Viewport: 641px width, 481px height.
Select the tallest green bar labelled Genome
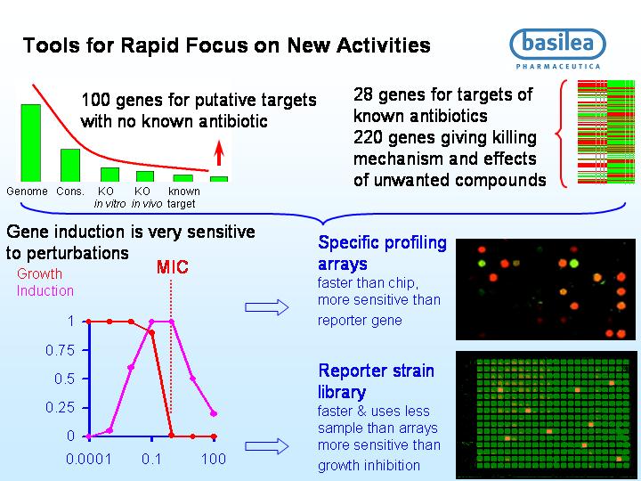coord(30,143)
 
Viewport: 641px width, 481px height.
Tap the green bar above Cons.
coord(70,166)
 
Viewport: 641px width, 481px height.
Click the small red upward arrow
coord(219,153)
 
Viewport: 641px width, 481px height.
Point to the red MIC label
coord(172,267)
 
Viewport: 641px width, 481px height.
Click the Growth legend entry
coord(40,273)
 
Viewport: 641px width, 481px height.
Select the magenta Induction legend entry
coord(45,290)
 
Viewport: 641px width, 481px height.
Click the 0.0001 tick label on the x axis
coord(88,459)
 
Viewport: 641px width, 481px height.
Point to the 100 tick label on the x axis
coord(214,459)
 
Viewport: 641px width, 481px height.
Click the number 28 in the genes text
coord(363,95)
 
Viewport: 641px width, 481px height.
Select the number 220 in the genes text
coord(368,137)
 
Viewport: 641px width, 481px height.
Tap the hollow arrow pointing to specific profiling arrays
coord(267,307)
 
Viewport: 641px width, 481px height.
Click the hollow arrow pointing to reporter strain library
coord(267,446)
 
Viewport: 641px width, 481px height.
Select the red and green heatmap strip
coord(606,132)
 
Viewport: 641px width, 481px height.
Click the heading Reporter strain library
coord(376,381)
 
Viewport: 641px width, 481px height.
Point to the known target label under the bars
coord(183,197)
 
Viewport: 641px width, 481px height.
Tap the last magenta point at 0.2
coord(214,413)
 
